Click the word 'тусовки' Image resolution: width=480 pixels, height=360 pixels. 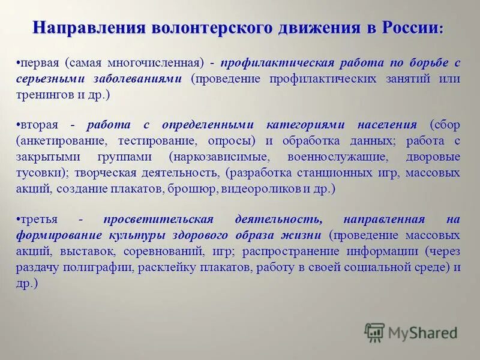(40, 173)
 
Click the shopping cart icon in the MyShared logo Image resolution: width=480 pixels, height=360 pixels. (374, 332)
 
